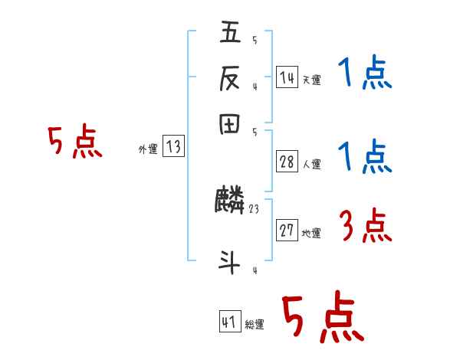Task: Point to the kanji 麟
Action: pyautogui.click(x=230, y=201)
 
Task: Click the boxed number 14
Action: pyautogui.click(x=287, y=77)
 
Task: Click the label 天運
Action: pyautogui.click(x=311, y=80)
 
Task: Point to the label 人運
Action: pyautogui.click(x=312, y=164)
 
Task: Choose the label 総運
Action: pyautogui.click(x=255, y=325)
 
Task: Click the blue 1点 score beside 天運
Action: pyautogui.click(x=365, y=75)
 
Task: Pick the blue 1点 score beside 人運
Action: pyautogui.click(x=365, y=158)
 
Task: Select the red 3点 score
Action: pyautogui.click(x=365, y=226)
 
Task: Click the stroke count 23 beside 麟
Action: pyautogui.click(x=255, y=208)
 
